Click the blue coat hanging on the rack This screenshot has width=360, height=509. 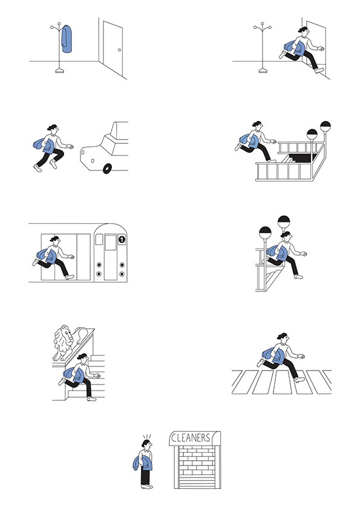67,39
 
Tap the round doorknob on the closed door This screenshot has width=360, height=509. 119,50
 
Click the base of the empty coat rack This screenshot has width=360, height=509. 263,71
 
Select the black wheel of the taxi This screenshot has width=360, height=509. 107,169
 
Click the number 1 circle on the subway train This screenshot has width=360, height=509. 122,239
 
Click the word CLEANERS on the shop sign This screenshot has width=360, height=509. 191,438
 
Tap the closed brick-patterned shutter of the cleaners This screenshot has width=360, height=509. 197,467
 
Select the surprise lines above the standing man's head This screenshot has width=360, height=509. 147,436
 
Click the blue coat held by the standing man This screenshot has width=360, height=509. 143,463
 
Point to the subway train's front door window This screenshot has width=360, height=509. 111,242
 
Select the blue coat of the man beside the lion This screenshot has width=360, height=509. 74,375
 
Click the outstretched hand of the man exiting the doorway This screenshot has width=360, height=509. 320,49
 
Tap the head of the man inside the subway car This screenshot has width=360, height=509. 56,241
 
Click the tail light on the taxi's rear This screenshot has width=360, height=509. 93,161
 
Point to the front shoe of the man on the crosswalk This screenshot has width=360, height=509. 299,379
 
